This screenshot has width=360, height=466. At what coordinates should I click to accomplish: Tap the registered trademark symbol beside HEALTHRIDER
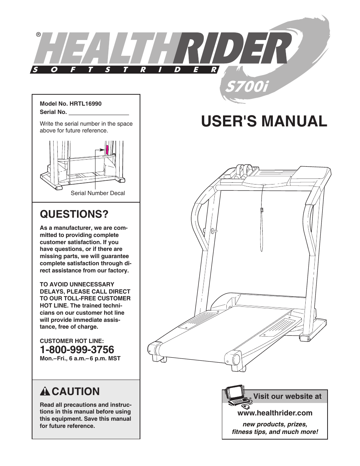coord(38,34)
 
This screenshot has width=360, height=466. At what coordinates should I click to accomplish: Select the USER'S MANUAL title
coord(264,121)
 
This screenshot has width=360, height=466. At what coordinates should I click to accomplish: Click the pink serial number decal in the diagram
coord(107,149)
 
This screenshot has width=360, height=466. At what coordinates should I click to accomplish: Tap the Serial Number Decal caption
coord(98,193)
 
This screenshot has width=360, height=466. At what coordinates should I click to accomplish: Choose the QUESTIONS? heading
coord(74,214)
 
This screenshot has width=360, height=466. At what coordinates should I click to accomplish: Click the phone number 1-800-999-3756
coord(77,349)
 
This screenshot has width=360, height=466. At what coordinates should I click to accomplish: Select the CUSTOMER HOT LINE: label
coord(72,340)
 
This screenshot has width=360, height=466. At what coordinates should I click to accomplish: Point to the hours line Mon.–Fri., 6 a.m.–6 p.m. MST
coord(80,358)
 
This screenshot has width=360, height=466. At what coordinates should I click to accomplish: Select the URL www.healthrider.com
coord(275,413)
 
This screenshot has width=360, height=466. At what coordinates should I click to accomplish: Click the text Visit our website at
coord(287,396)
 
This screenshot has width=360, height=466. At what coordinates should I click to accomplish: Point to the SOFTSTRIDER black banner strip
coord(125,69)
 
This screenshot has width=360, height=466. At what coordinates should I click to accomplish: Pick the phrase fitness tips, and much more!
coord(275,431)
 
